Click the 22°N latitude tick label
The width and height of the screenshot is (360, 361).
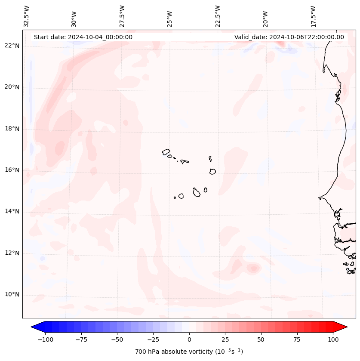click(x=12, y=46)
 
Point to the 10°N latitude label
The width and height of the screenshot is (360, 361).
click(x=12, y=295)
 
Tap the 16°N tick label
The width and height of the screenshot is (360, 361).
click(x=12, y=170)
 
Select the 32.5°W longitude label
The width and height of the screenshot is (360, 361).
click(x=27, y=16)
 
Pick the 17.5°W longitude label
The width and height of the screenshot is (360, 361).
click(x=313, y=16)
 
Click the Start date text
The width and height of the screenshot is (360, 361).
click(x=83, y=37)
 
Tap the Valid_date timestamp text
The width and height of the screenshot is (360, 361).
click(x=289, y=37)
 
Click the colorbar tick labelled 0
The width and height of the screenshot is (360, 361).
click(x=189, y=339)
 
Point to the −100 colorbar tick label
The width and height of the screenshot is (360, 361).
click(x=45, y=339)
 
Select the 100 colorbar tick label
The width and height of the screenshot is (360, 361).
click(x=333, y=339)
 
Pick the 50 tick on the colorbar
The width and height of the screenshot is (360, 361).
click(x=261, y=339)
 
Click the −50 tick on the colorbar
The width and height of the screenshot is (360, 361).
click(x=117, y=339)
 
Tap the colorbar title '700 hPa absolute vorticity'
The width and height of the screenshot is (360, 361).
click(x=189, y=352)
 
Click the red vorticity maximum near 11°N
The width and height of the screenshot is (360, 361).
click(x=253, y=268)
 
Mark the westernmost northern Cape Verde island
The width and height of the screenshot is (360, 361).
click(x=166, y=152)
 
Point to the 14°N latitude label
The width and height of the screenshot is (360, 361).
click(x=12, y=212)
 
